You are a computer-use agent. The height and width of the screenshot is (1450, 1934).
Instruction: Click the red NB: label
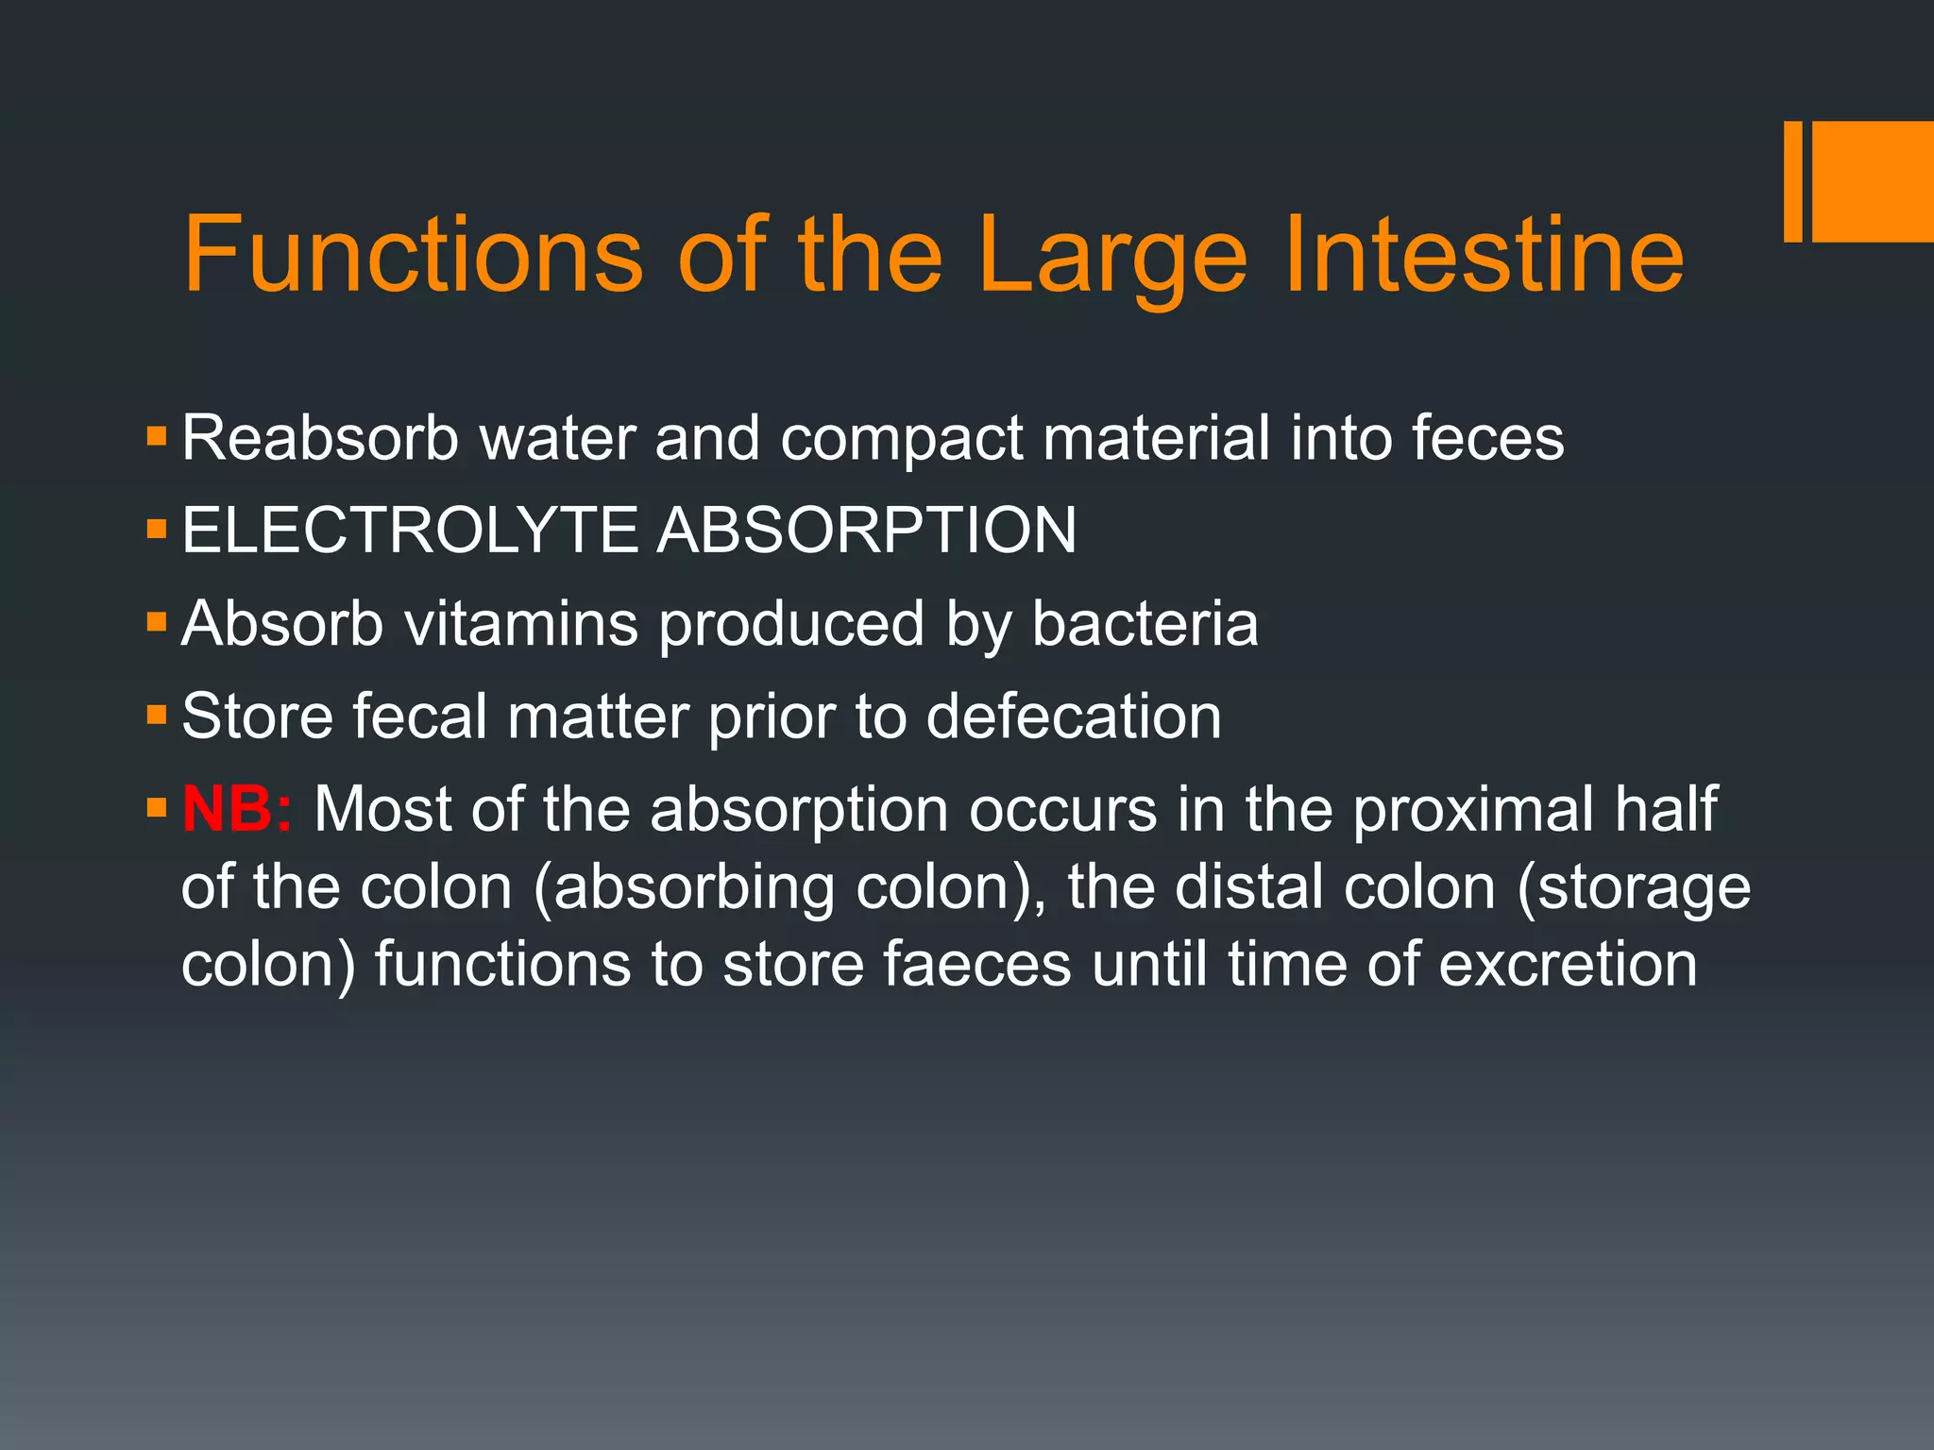click(x=237, y=809)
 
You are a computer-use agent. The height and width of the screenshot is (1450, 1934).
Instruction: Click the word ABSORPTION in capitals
click(x=866, y=530)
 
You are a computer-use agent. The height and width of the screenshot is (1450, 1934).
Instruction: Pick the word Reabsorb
click(x=319, y=438)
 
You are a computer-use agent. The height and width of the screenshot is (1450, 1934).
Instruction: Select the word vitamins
click(x=521, y=624)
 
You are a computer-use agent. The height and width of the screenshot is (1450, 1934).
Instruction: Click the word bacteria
click(x=1145, y=624)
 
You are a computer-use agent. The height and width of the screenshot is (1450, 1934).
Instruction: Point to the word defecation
click(x=1074, y=717)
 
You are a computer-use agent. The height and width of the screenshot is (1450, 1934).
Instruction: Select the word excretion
click(x=1568, y=965)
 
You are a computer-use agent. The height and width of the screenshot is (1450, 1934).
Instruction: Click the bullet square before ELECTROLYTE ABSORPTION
click(x=157, y=529)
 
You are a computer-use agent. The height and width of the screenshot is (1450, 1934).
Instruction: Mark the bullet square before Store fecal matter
click(x=157, y=715)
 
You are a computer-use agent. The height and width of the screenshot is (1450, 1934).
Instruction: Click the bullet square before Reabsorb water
click(x=157, y=436)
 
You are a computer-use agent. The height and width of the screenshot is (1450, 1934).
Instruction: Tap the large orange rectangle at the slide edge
click(x=1872, y=181)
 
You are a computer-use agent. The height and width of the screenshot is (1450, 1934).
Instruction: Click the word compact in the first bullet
click(x=901, y=440)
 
